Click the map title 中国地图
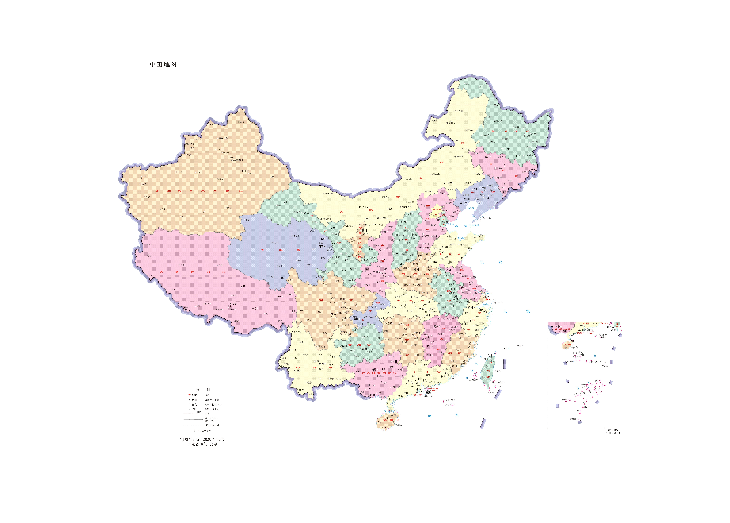point(163,64)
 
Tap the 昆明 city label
point(322,364)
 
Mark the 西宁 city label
point(321,246)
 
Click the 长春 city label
point(499,168)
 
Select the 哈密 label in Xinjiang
point(275,177)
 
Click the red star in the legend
point(189,395)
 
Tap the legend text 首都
point(207,395)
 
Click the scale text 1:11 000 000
point(202,431)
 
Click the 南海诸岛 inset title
point(613,430)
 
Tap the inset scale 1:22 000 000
point(613,433)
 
